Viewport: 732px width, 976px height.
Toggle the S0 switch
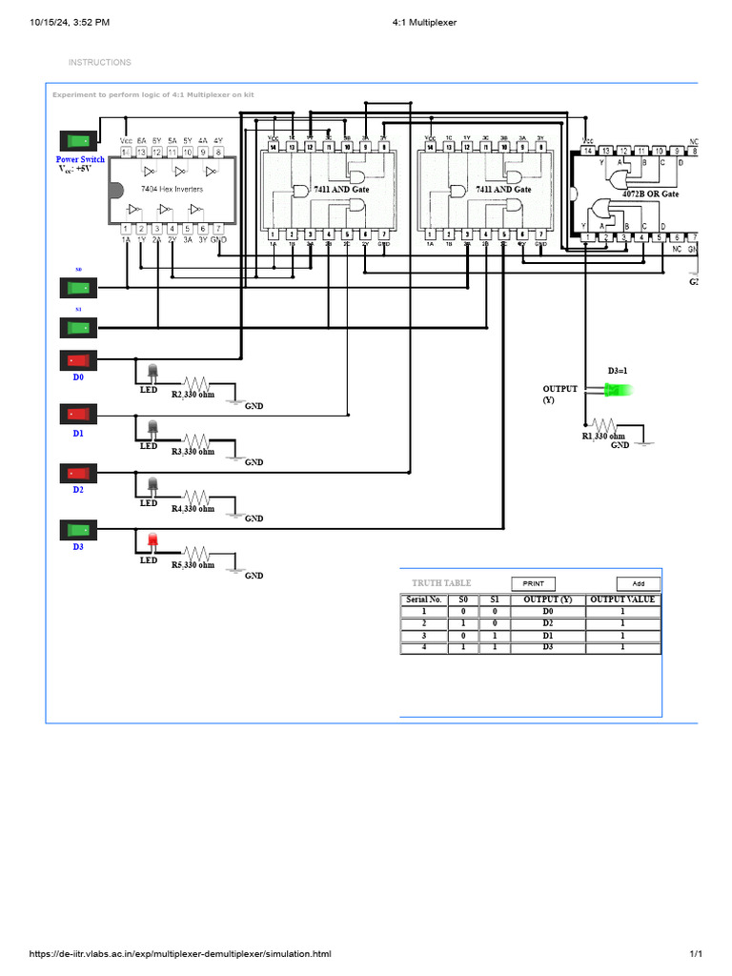click(78, 287)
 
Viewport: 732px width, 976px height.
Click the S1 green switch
click(78, 328)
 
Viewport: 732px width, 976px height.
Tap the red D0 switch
click(78, 360)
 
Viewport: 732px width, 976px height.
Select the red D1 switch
click(78, 415)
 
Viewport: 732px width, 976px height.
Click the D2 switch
click(78, 473)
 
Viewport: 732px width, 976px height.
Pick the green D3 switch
click(78, 529)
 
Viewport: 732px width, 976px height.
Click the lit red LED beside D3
click(152, 542)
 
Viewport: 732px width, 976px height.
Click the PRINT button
click(534, 583)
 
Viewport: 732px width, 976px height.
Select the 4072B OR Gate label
click(650, 193)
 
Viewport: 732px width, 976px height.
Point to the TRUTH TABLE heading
click(441, 583)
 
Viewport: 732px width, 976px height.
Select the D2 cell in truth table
click(547, 622)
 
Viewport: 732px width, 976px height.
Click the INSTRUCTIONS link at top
click(100, 63)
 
